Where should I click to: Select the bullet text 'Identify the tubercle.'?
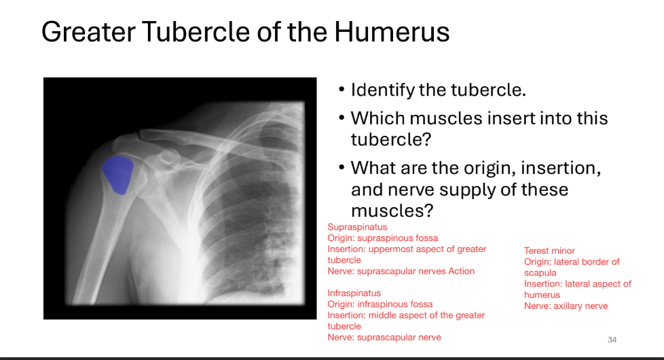pos(438,90)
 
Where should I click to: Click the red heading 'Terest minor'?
pos(549,251)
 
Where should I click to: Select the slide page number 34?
pos(612,339)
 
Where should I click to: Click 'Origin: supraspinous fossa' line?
pos(383,238)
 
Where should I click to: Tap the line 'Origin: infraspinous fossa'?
pos(380,304)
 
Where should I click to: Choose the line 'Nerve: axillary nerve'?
pos(566,306)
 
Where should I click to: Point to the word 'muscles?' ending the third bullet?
pos(392,211)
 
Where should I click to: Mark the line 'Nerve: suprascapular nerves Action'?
pos(401,271)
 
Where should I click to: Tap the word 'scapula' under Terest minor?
pos(540,273)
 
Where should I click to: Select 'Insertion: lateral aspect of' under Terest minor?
pos(577,284)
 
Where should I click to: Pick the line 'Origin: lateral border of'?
pos(572,262)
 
